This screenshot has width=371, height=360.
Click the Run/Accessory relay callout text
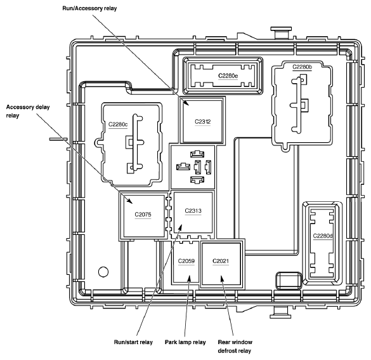(89, 8)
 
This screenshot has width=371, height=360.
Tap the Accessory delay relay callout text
(28, 111)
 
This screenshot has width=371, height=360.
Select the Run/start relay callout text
(133, 342)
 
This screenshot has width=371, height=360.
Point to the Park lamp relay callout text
(185, 342)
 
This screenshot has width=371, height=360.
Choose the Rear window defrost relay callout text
(235, 347)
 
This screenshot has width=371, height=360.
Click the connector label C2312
(202, 122)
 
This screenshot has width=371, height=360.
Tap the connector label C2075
(143, 215)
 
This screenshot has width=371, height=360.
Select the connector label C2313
(193, 211)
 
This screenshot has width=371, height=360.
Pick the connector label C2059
(186, 261)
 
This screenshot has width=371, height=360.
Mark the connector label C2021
(221, 261)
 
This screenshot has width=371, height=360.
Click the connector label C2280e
(228, 76)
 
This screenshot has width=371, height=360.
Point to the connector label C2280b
(302, 67)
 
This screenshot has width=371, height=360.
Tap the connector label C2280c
(118, 124)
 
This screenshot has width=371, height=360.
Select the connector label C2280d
(323, 236)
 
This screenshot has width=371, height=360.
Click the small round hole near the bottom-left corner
(103, 272)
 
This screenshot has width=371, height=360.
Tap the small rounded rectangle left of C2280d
(289, 281)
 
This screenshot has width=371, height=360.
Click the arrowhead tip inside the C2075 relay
(132, 203)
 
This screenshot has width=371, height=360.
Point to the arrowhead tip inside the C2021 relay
(221, 276)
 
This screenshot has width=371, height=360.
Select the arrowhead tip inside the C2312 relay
(189, 105)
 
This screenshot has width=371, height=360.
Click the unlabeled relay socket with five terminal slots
(193, 167)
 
